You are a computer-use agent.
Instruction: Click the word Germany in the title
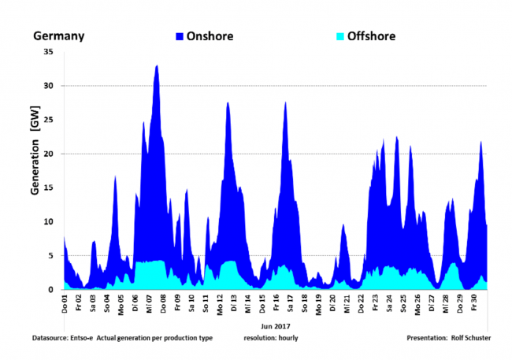coord(58,36)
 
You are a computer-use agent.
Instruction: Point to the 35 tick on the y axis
coord(48,52)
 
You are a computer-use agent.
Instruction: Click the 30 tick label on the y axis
coord(48,86)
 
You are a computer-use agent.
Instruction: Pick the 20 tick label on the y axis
coord(48,154)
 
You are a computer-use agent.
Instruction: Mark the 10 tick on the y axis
coord(48,221)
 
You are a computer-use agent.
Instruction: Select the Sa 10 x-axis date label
coord(191,303)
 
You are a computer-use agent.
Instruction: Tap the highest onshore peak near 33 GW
coord(157,66)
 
